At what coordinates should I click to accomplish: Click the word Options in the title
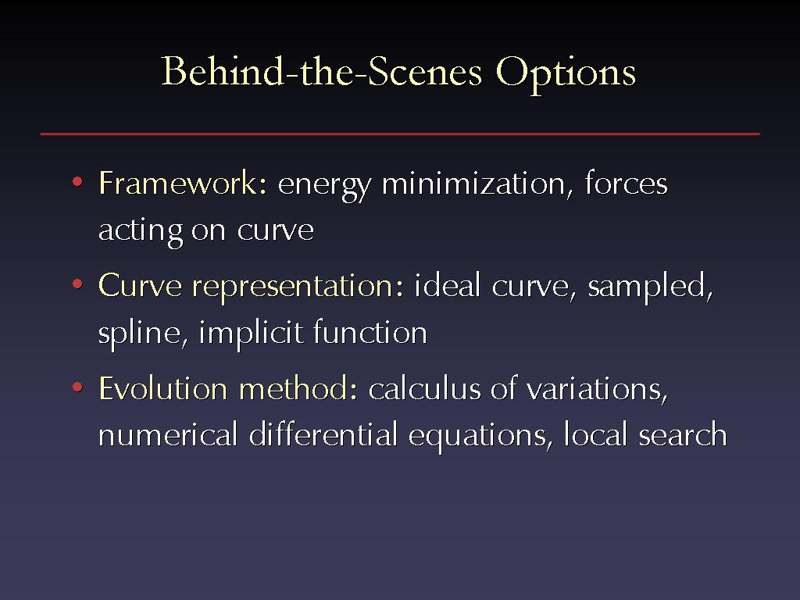pyautogui.click(x=566, y=74)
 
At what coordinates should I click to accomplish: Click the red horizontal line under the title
pyautogui.click(x=400, y=134)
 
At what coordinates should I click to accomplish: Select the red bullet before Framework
pyautogui.click(x=77, y=181)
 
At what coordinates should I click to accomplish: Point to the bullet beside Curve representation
pyautogui.click(x=77, y=284)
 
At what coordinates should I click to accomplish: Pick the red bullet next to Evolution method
pyautogui.click(x=77, y=387)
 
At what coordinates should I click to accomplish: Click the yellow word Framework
pyautogui.click(x=183, y=183)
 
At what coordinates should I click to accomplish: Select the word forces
pyautogui.click(x=627, y=182)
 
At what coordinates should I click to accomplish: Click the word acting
pyautogui.click(x=141, y=231)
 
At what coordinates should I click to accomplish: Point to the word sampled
pyautogui.click(x=650, y=286)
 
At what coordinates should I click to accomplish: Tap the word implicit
pyautogui.click(x=251, y=334)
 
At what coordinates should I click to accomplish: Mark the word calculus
pyautogui.click(x=424, y=389)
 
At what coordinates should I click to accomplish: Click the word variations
pyautogui.click(x=597, y=389)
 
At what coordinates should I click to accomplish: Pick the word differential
pyautogui.click(x=323, y=434)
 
